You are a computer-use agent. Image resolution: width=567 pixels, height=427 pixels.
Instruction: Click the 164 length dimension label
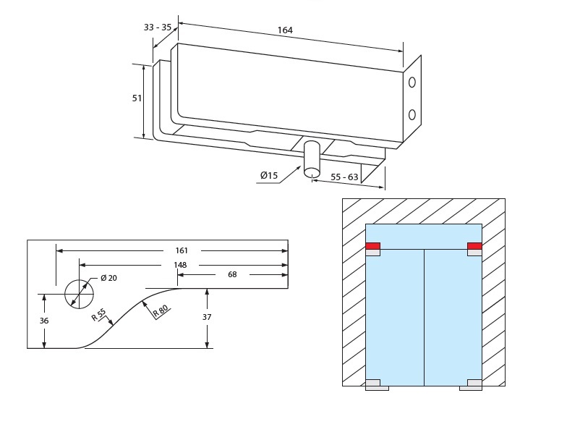click(x=285, y=30)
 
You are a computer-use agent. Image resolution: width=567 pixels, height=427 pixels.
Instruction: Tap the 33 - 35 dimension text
click(x=158, y=28)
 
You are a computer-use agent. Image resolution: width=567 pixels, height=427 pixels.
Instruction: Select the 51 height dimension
click(x=137, y=98)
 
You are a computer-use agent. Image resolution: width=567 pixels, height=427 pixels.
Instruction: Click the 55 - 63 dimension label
click(x=344, y=177)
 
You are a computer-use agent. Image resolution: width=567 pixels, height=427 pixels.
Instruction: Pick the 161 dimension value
click(x=182, y=251)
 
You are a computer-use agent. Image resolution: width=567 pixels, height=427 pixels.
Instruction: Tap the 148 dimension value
click(x=180, y=264)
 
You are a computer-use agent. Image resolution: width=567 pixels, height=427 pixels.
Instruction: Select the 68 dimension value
click(x=232, y=275)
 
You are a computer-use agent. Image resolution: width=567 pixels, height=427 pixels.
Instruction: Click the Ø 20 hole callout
click(x=108, y=279)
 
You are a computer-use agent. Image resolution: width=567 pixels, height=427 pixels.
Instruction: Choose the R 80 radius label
click(x=161, y=309)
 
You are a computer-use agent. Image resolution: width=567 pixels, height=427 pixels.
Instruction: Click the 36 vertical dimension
click(x=44, y=321)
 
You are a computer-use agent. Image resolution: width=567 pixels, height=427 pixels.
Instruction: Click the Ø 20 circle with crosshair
click(x=79, y=294)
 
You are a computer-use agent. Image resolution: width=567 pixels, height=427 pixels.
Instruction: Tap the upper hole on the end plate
click(x=412, y=83)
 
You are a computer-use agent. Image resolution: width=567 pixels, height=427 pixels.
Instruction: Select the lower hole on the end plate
click(x=412, y=114)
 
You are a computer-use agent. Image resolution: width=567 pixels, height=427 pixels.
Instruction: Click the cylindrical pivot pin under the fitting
click(x=312, y=158)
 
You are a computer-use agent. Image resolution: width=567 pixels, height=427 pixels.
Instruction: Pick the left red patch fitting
click(x=373, y=246)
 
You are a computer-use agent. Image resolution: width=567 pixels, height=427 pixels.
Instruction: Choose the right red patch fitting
click(x=474, y=246)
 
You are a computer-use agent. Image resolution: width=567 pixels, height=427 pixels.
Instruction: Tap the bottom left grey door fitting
click(x=375, y=384)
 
